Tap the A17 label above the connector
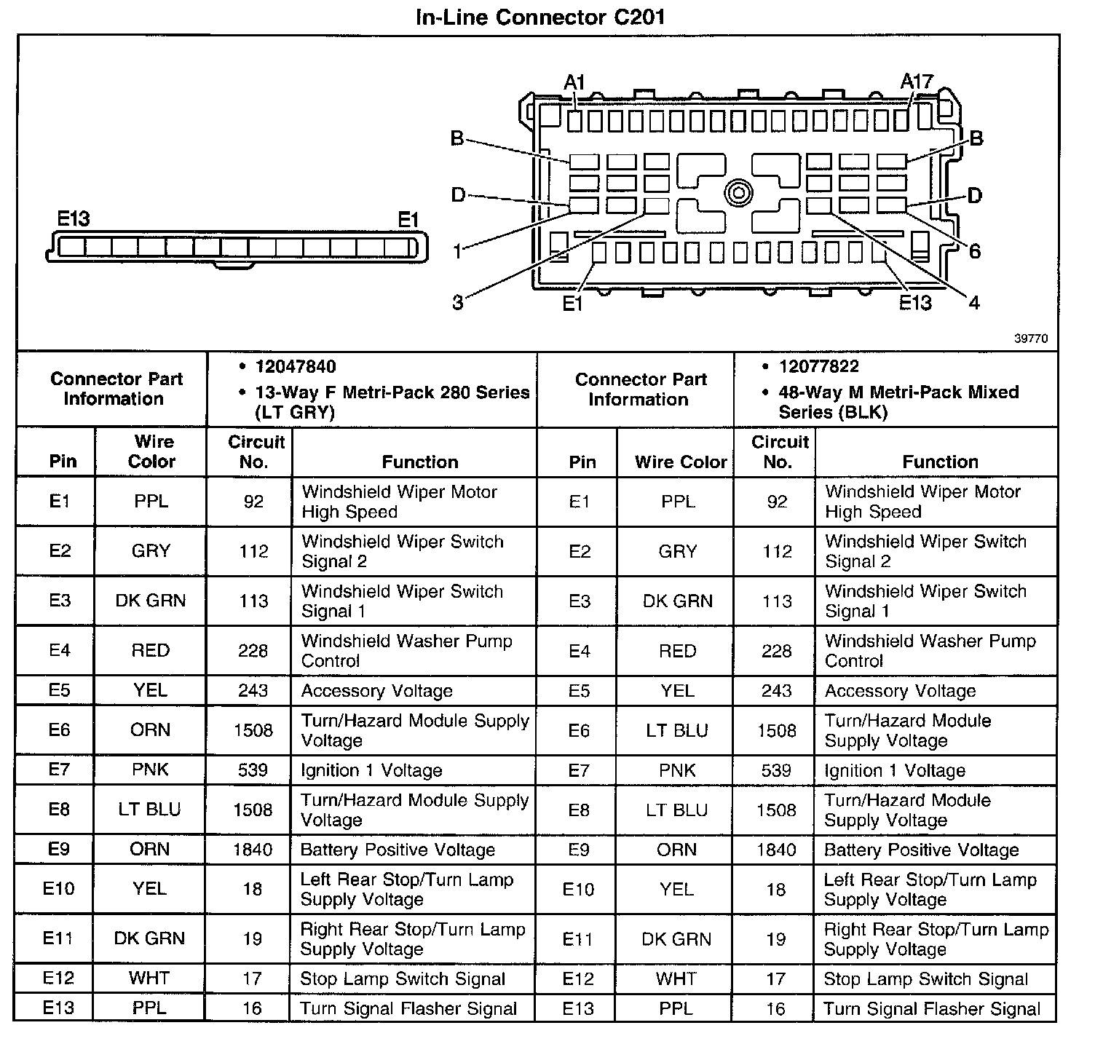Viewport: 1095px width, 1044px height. [x=916, y=82]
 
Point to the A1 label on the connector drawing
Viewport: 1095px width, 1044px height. [x=574, y=83]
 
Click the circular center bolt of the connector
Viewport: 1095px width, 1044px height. [x=738, y=193]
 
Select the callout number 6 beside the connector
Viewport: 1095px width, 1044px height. [x=974, y=252]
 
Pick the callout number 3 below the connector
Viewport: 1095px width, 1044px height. [x=457, y=302]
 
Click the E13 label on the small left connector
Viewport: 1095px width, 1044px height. [x=74, y=219]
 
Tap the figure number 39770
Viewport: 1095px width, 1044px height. [x=1031, y=339]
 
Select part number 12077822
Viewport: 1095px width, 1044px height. [x=818, y=367]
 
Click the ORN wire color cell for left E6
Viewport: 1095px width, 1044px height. [x=150, y=730]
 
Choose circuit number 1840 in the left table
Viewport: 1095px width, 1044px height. [x=253, y=850]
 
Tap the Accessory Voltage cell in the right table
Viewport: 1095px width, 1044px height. [x=900, y=691]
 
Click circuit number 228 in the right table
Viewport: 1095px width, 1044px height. [x=776, y=651]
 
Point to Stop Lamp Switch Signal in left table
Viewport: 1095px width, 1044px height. [x=403, y=979]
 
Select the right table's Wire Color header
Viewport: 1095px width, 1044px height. [x=681, y=462]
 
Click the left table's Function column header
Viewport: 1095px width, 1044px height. [x=420, y=462]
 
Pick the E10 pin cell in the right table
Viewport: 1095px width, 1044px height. [x=578, y=889]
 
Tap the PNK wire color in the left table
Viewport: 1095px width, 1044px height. [x=150, y=770]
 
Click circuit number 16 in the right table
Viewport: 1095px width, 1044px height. [x=776, y=1009]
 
